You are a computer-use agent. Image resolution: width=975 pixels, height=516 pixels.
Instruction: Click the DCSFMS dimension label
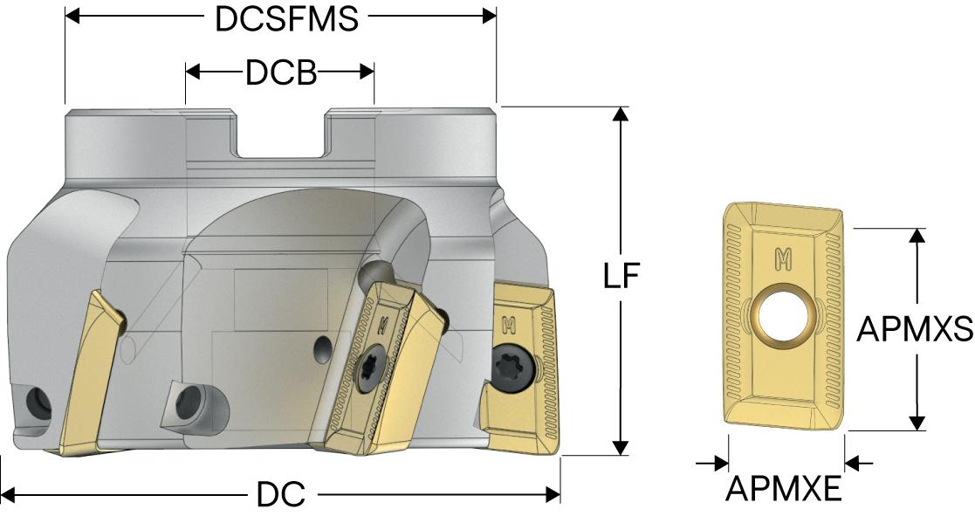[x=286, y=18]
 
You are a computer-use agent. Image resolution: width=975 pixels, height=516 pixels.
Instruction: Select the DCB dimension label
[x=281, y=72]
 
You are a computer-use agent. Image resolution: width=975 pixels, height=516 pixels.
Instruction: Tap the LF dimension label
[x=621, y=276]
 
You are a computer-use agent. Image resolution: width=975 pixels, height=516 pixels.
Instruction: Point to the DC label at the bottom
[x=281, y=495]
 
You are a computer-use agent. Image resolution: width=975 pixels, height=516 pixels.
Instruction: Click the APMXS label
[x=915, y=329]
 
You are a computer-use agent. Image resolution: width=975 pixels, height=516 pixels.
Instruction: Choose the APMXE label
[x=784, y=489]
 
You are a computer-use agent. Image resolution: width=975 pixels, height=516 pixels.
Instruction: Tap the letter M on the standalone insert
[x=784, y=258]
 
